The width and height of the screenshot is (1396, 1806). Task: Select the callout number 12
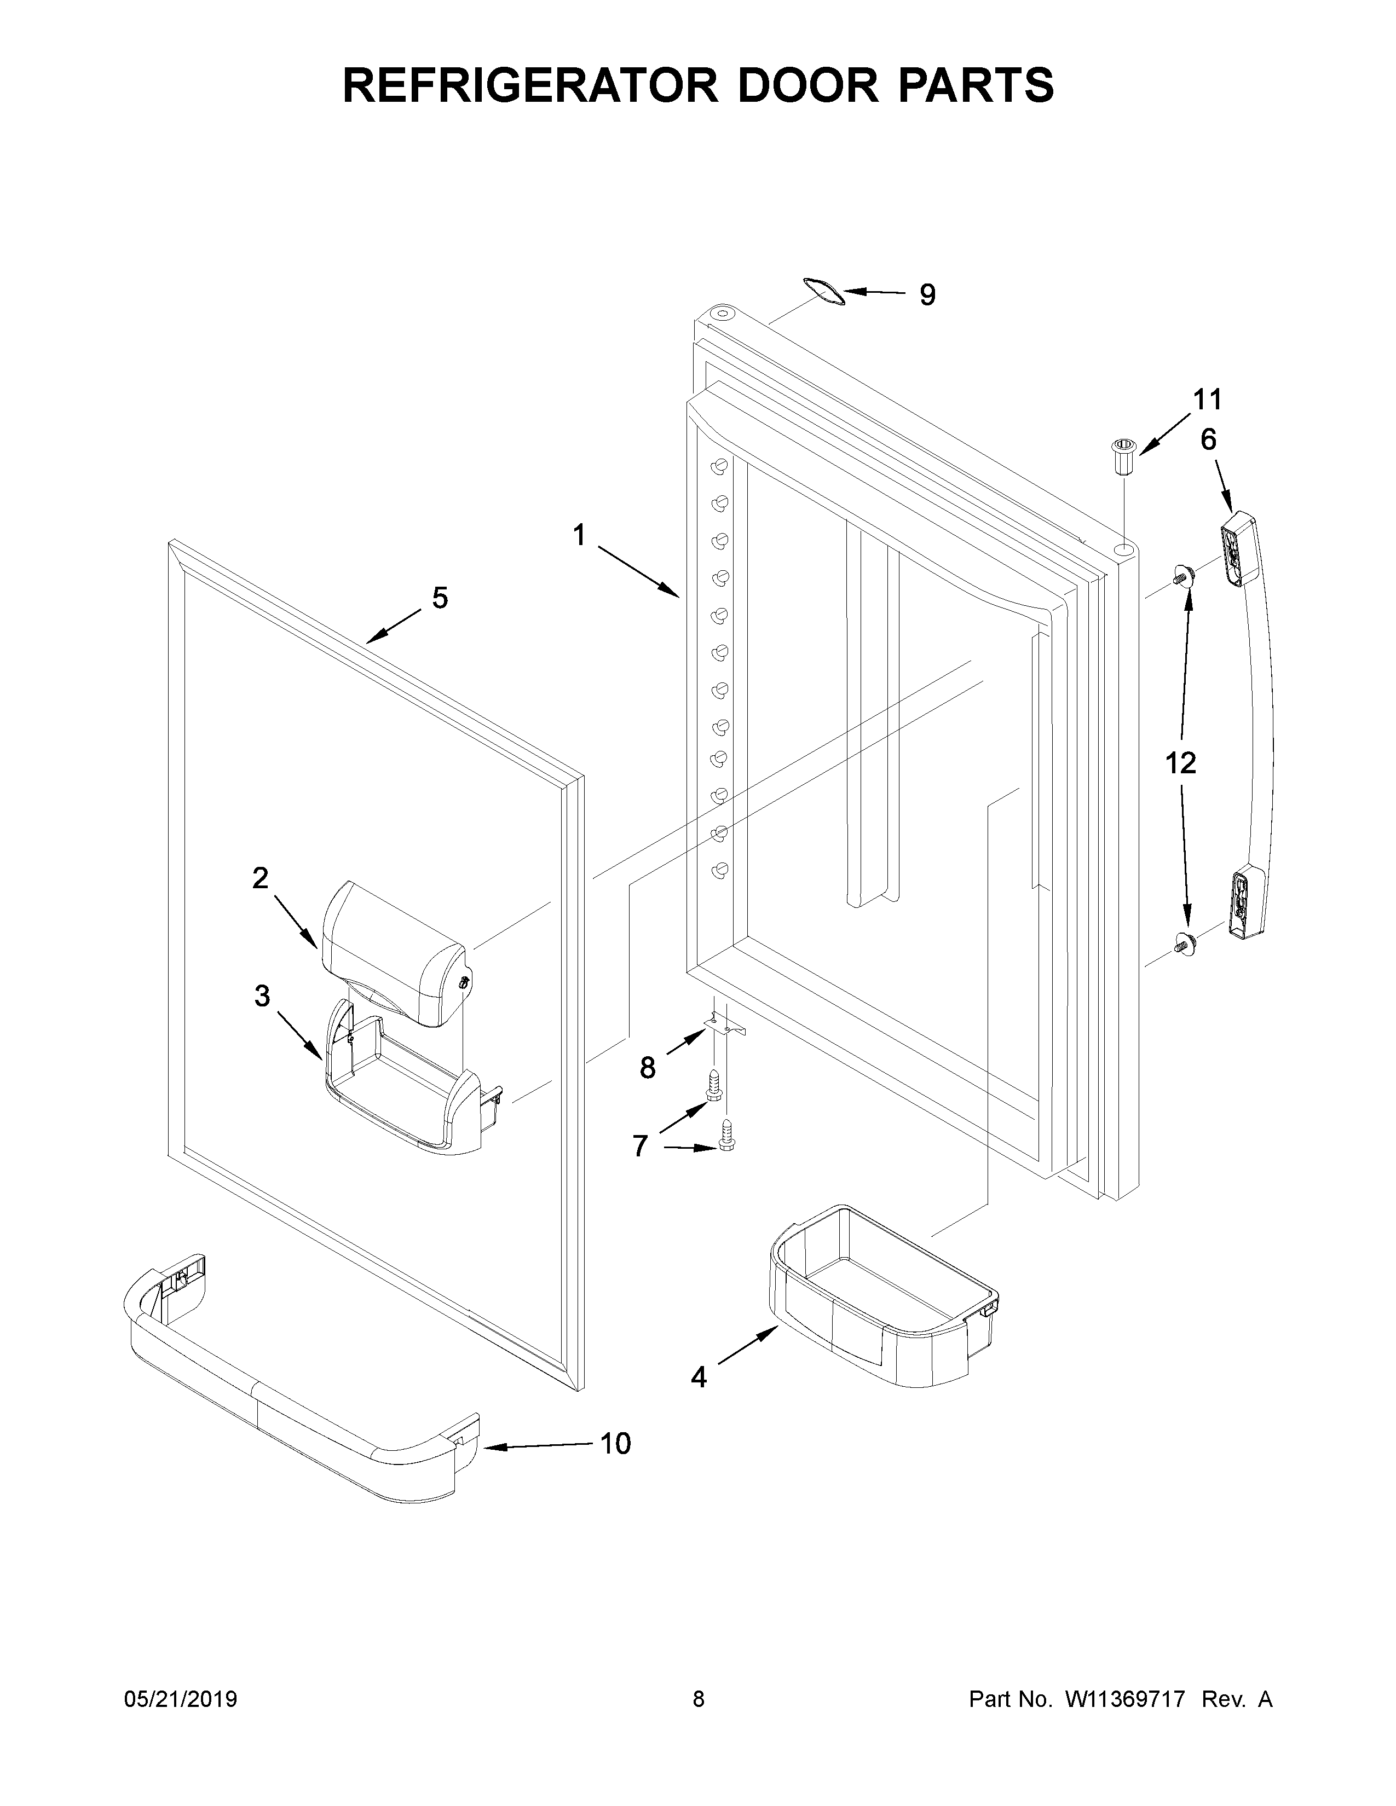click(x=1180, y=762)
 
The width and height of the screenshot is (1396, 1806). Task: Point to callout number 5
click(x=440, y=597)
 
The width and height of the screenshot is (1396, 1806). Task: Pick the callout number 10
click(x=615, y=1444)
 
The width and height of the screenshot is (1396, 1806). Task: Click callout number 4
click(x=699, y=1377)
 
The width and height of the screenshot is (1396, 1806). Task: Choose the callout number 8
click(x=648, y=1068)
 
